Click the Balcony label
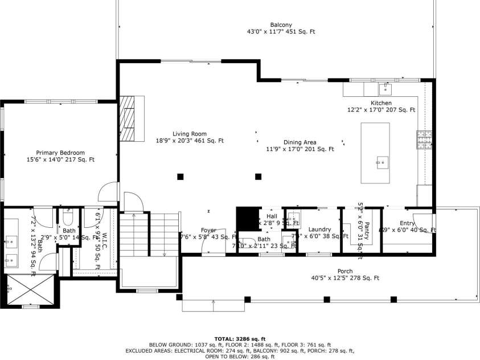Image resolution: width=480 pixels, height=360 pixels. [281, 24]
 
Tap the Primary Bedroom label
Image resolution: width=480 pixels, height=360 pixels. [60, 153]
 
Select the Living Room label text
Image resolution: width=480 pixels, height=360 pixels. [190, 134]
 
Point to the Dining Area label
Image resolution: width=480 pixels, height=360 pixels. [300, 142]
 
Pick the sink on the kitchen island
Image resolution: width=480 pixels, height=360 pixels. [381, 163]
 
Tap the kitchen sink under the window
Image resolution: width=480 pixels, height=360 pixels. [385, 89]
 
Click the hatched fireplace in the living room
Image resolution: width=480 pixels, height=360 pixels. [132, 118]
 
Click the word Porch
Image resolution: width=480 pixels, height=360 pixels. [344, 271]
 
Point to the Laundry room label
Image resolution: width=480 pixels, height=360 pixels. [319, 230]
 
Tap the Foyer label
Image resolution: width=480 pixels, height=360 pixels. [208, 230]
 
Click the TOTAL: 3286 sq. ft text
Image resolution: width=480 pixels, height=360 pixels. [239, 338]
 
